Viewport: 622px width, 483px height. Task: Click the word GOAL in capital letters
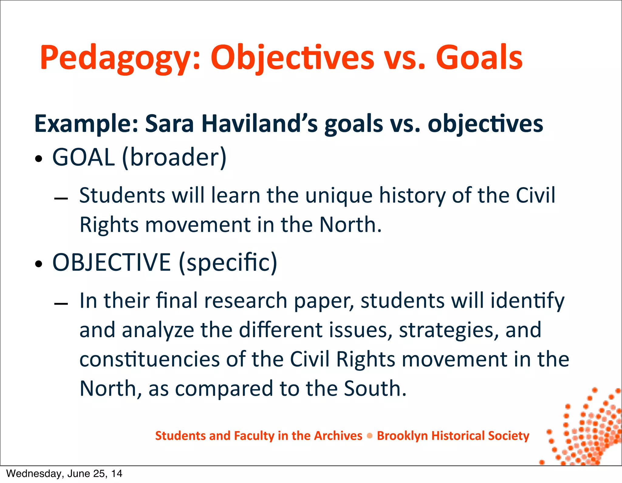(x=84, y=157)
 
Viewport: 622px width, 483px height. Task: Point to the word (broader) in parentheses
(x=174, y=157)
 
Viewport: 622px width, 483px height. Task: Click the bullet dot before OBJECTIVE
(x=39, y=264)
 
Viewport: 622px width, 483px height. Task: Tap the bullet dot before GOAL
(x=39, y=159)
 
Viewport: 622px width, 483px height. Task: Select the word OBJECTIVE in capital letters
(x=111, y=262)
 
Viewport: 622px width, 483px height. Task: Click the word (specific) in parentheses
(x=228, y=262)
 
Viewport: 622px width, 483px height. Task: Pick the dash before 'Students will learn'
(x=61, y=199)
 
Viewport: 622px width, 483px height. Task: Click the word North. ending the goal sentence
(x=350, y=225)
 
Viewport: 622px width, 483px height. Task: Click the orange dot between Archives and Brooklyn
(x=370, y=436)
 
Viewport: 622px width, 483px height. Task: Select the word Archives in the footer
(x=338, y=436)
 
